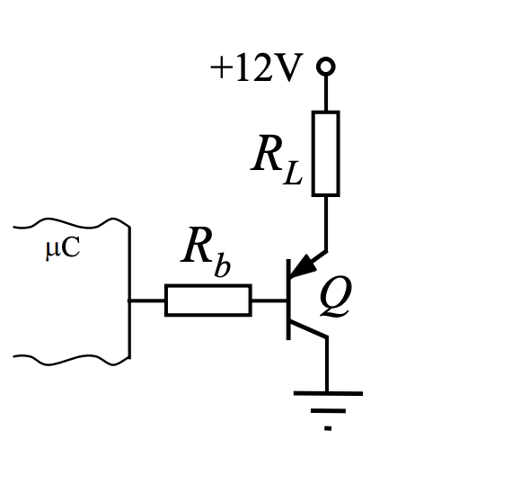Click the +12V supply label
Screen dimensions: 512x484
click(x=257, y=67)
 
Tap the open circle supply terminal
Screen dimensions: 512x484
click(x=326, y=67)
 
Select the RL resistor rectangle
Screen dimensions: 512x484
click(x=326, y=154)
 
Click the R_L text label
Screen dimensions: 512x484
click(x=278, y=160)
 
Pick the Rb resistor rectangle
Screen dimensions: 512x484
click(x=208, y=300)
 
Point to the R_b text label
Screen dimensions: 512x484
click(x=206, y=252)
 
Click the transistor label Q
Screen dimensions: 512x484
click(x=336, y=297)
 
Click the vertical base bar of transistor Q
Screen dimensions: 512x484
click(x=288, y=300)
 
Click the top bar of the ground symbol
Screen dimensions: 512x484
click(x=328, y=393)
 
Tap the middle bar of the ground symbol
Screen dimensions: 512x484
click(x=328, y=411)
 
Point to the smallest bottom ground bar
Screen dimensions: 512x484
click(x=328, y=428)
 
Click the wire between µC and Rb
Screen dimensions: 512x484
click(x=147, y=300)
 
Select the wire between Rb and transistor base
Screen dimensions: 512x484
click(x=269, y=300)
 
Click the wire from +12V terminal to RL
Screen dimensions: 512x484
click(x=326, y=94)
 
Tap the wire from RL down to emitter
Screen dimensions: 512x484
click(x=326, y=224)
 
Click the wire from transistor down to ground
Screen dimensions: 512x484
click(x=326, y=364)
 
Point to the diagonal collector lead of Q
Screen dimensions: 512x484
click(x=307, y=328)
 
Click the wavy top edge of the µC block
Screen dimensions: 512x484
click(x=72, y=224)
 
